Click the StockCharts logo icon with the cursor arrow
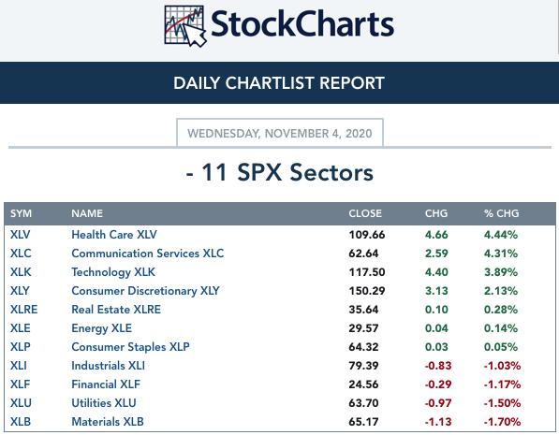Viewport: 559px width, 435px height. tap(185, 25)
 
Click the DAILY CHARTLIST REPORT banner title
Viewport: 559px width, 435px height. tap(279, 83)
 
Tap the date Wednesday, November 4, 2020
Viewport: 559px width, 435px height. tap(280, 133)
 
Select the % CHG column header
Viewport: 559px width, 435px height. tap(501, 213)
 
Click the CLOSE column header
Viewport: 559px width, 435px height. tap(365, 213)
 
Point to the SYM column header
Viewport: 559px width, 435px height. tap(21, 213)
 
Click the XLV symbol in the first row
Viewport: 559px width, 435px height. tap(20, 235)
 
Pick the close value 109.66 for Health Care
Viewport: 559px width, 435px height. tap(367, 235)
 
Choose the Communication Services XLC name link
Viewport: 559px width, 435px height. tap(148, 254)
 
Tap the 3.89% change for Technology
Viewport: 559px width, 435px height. tap(501, 272)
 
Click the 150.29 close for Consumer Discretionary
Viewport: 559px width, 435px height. tap(367, 291)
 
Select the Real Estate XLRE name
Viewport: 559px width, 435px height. tap(116, 310)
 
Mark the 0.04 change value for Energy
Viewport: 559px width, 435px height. tap(436, 328)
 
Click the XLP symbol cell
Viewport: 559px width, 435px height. tap(21, 347)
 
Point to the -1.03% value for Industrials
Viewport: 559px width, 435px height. tap(502, 366)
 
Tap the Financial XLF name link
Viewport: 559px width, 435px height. tap(106, 384)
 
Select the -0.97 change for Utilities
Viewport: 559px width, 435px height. tap(438, 403)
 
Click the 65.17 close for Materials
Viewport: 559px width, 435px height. tap(363, 422)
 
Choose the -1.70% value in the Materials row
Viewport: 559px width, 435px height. tap(502, 422)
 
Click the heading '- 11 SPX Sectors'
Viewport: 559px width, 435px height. tap(280, 172)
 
